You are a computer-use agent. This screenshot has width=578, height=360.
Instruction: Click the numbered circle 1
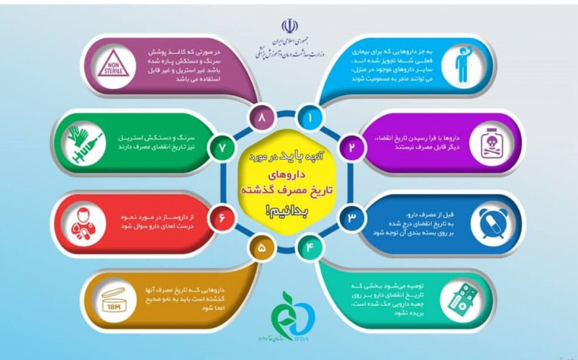(x=310, y=116)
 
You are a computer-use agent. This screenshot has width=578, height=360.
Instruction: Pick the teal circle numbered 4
(x=310, y=248)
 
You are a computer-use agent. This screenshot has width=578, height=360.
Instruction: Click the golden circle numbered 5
(x=260, y=249)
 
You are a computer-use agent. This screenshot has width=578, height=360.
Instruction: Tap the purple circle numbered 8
(x=260, y=115)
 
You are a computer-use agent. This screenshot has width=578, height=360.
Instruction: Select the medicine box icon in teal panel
(x=460, y=299)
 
